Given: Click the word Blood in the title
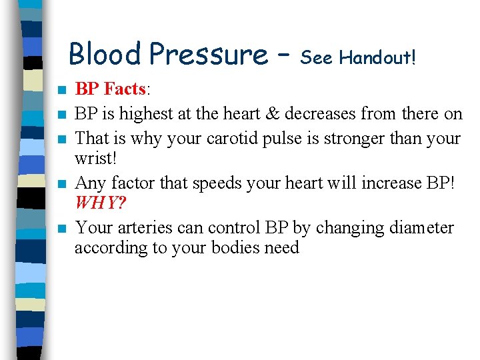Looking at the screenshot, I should click(105, 54).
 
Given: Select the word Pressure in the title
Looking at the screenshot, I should click(208, 54).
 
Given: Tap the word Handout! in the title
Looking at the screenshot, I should click(377, 59).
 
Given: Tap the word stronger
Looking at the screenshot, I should click(347, 139).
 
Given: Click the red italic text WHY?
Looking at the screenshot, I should click(100, 202).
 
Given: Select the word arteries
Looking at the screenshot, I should click(143, 228).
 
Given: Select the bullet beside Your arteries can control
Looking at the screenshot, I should click(61, 229).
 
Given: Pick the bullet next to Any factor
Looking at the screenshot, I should click(61, 183).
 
